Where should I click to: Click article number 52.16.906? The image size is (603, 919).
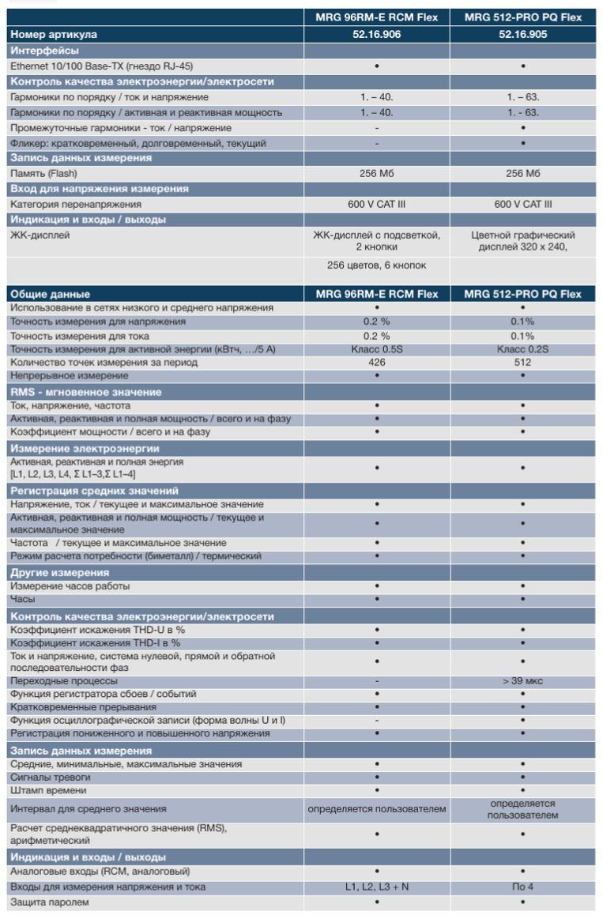[376, 35]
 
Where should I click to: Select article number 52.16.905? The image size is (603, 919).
[523, 35]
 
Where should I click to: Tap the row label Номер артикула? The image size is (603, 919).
[54, 35]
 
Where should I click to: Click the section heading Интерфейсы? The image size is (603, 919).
[44, 51]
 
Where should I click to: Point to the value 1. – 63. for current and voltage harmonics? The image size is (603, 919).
[523, 97]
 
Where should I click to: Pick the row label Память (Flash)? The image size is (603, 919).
[43, 173]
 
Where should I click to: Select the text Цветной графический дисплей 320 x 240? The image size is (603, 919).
[523, 240]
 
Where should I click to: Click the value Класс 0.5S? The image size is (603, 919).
[376, 349]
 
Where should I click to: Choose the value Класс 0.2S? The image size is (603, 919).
[523, 349]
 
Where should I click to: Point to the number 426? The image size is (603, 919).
[376, 363]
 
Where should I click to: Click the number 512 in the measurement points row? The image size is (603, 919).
[523, 363]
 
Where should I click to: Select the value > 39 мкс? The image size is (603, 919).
[523, 681]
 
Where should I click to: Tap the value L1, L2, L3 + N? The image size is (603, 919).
[376, 887]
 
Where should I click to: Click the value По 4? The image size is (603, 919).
[523, 887]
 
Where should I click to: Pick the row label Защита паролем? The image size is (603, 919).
[50, 902]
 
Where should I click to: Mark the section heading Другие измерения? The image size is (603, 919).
[59, 573]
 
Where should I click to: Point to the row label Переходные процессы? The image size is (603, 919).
[63, 681]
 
